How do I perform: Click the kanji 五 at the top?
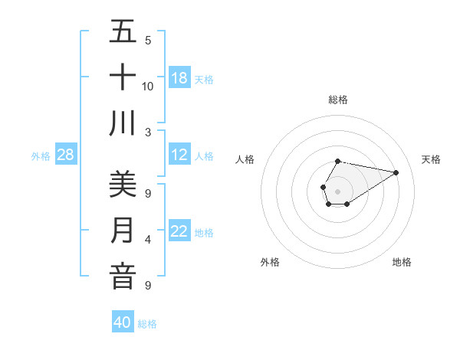click(123, 31)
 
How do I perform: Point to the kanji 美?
click(123, 185)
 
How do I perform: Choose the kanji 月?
click(123, 231)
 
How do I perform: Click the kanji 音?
click(123, 277)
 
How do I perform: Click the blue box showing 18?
click(179, 77)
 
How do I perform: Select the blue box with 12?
click(179, 155)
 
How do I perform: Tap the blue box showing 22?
click(179, 231)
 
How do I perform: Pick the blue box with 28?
click(65, 155)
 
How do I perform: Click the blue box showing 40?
click(123, 322)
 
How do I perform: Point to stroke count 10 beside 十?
click(148, 86)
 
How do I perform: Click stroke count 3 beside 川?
click(148, 132)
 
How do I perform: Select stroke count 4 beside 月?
click(148, 240)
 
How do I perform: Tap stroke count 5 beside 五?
click(148, 40)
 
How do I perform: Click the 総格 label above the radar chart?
click(337, 100)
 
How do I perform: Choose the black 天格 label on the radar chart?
click(431, 159)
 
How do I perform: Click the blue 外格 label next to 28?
click(41, 156)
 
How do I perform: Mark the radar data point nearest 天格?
click(396, 172)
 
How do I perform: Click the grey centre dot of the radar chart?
click(337, 190)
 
